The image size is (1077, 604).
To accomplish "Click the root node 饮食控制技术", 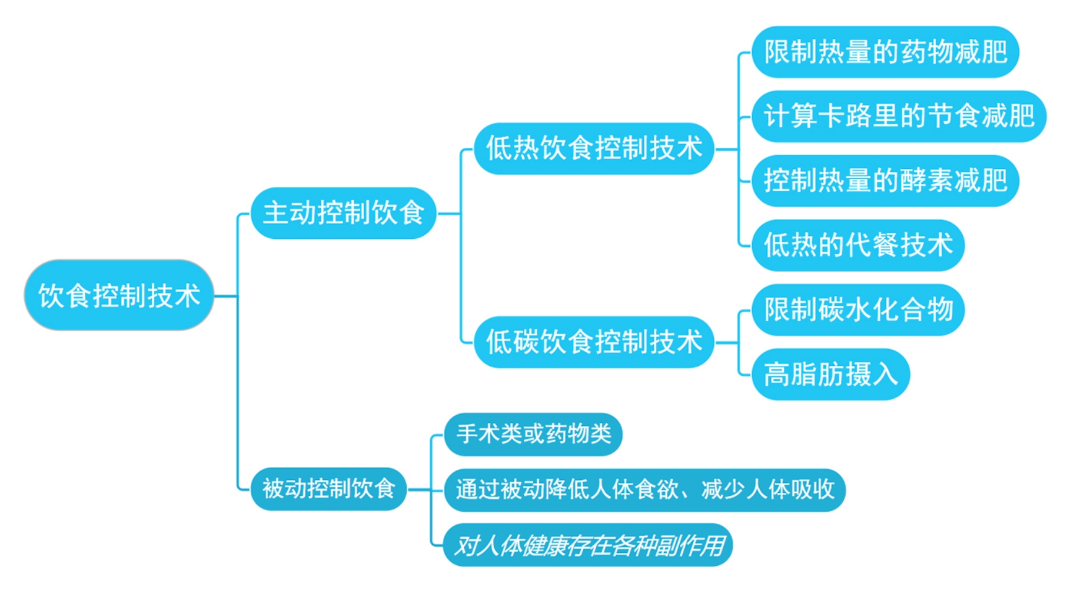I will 119,295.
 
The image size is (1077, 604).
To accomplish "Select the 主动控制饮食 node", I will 343,213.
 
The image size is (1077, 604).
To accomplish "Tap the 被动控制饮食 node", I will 328,489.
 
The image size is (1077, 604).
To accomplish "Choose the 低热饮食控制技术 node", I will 594,148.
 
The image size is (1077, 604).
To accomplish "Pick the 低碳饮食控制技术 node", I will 594,342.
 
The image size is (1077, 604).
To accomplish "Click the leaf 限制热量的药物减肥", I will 885,52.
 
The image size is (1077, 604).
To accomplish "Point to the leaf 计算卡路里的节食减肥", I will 899,116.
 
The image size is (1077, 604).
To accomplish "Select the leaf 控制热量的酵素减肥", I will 885,181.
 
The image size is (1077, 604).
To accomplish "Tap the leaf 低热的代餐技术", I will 857,245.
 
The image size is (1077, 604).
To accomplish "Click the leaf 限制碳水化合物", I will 857,310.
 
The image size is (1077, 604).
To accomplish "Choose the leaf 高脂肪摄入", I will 830,375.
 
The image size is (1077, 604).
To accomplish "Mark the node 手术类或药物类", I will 533,435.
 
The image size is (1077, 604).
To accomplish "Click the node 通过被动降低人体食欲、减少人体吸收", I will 644,490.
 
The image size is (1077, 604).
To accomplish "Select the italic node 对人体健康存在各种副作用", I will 588,546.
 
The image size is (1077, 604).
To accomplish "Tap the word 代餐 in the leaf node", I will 871,245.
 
